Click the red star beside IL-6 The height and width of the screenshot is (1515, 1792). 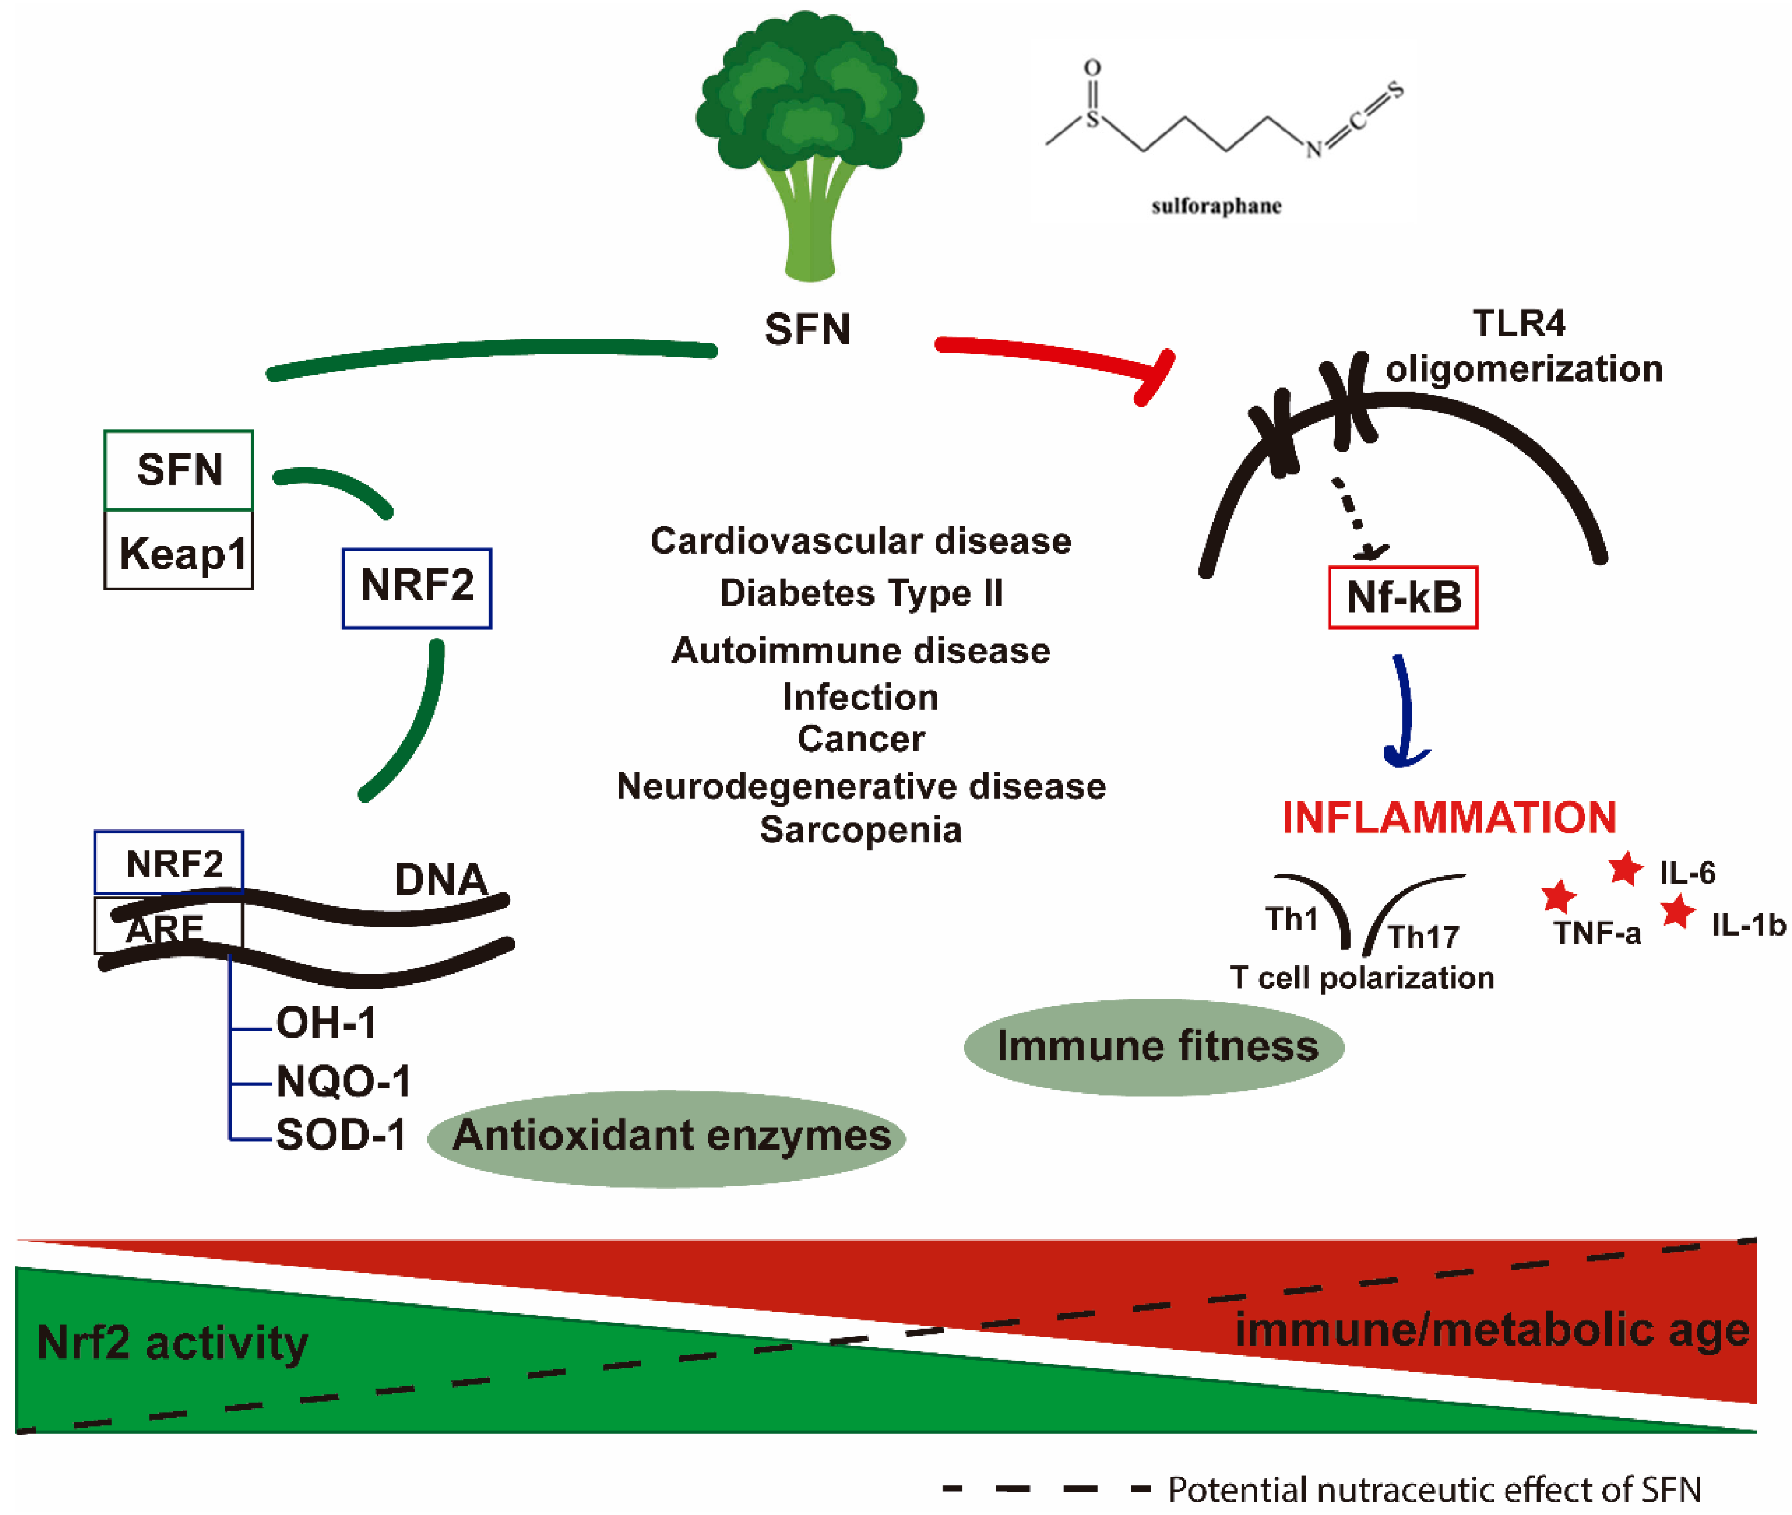(1625, 869)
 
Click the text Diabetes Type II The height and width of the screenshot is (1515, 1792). (861, 593)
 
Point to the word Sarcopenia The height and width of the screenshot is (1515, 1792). (861, 830)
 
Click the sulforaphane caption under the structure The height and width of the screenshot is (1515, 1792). (1215, 206)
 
